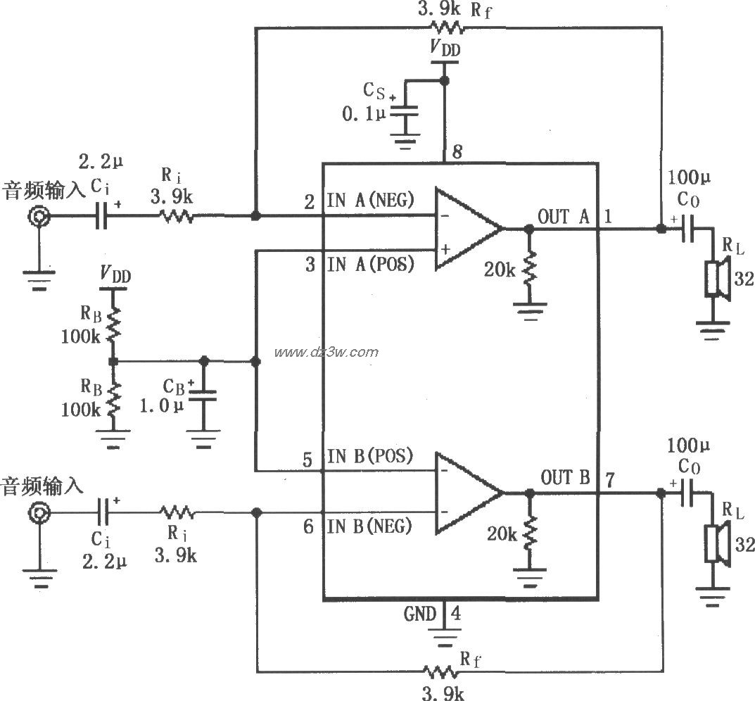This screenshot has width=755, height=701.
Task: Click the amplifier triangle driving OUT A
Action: [464, 229]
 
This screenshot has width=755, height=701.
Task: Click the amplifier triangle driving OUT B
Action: [464, 492]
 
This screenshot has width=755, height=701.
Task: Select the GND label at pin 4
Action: [419, 614]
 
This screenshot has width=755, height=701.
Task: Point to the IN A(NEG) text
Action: [370, 200]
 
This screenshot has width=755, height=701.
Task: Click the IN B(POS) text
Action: [370, 456]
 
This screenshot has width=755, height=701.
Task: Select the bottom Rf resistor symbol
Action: [440, 669]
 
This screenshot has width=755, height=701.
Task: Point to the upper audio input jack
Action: [39, 217]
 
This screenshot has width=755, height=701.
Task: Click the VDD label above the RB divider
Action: [116, 273]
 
